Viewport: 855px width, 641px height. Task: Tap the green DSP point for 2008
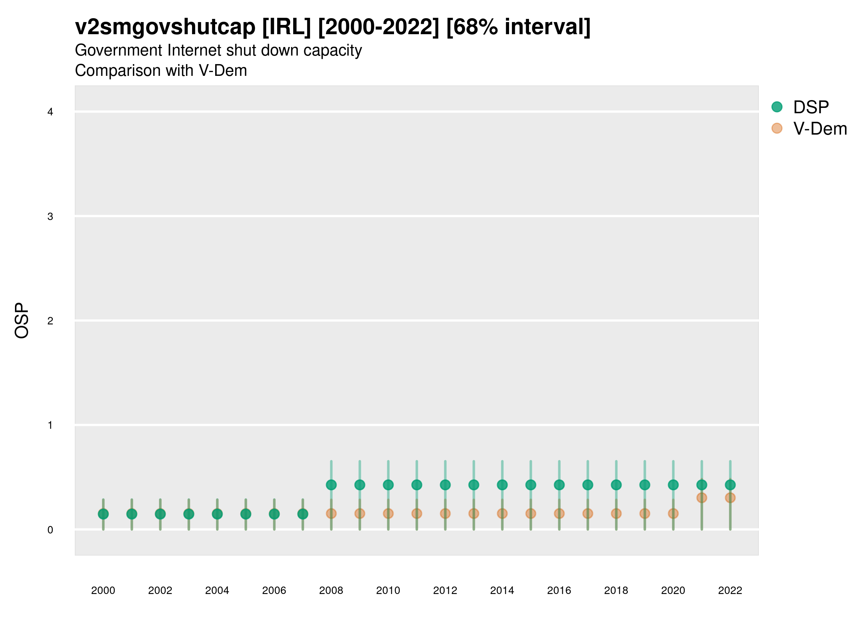[x=331, y=485]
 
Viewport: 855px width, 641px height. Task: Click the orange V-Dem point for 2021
[x=701, y=497]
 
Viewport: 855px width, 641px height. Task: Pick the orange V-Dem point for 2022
[x=730, y=497]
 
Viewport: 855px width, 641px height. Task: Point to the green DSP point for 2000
[x=103, y=514]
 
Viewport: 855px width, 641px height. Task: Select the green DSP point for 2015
[x=531, y=485]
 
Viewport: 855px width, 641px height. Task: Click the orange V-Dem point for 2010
[x=388, y=514]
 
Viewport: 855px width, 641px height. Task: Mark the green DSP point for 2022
[x=730, y=485]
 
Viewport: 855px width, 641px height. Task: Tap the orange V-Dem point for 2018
[x=616, y=514]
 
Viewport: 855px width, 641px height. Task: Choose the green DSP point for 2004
[x=217, y=514]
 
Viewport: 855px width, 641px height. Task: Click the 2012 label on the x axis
[x=445, y=590]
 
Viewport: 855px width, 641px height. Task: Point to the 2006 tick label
[x=274, y=590]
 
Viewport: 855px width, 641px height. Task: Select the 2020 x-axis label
[x=673, y=590]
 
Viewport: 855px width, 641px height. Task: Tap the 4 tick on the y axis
[x=50, y=112]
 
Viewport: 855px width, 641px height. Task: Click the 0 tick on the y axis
[x=50, y=530]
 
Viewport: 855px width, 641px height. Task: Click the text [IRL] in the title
[x=286, y=27]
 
